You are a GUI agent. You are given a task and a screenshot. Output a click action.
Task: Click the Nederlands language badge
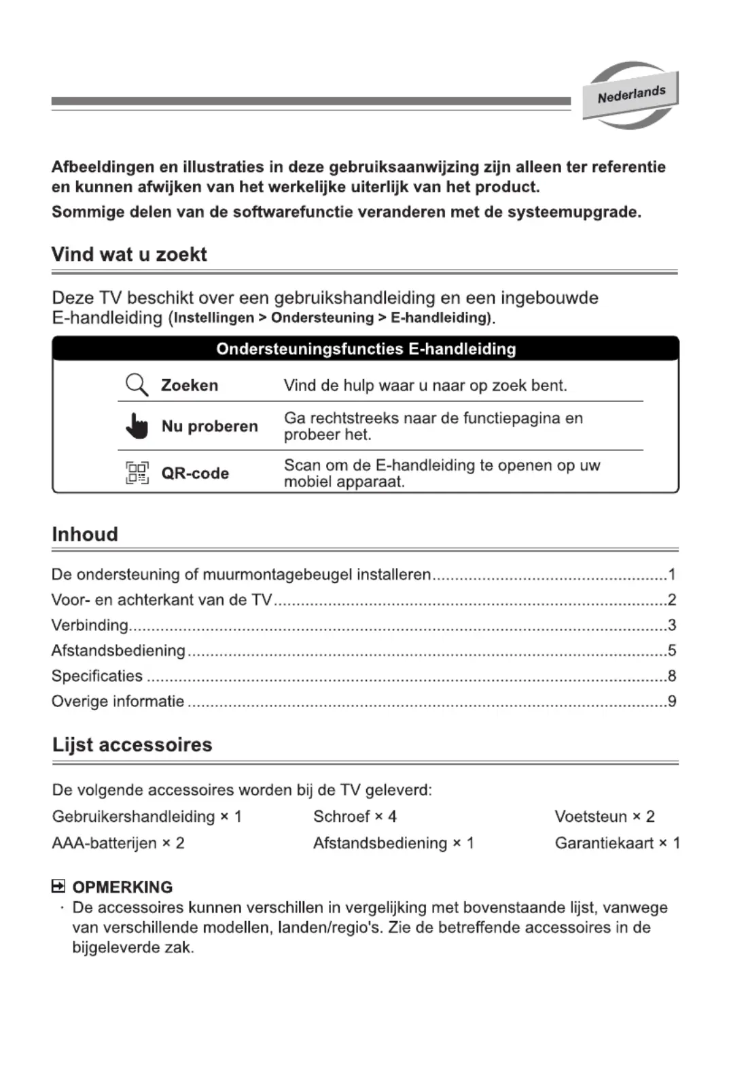(x=630, y=95)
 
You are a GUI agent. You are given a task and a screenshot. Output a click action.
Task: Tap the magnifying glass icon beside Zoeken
(x=137, y=385)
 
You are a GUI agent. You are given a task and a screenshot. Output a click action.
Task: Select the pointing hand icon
(x=137, y=426)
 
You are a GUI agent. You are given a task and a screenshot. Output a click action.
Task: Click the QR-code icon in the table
(x=137, y=473)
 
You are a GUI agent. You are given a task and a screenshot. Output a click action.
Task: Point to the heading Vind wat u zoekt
(x=129, y=255)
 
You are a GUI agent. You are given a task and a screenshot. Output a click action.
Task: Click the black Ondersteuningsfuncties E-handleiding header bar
(x=366, y=349)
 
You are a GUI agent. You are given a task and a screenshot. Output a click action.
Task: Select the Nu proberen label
(x=209, y=427)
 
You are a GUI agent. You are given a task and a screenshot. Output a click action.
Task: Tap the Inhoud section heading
(x=85, y=535)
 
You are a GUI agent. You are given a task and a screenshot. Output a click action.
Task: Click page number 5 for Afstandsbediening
(x=671, y=651)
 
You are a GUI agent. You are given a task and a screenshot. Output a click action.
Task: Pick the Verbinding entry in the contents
(x=90, y=625)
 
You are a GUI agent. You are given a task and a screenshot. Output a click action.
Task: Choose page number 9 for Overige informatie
(x=671, y=701)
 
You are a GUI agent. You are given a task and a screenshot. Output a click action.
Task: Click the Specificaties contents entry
(x=97, y=676)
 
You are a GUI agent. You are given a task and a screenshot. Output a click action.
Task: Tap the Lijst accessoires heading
(x=132, y=745)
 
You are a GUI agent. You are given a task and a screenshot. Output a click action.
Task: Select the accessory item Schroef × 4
(x=355, y=816)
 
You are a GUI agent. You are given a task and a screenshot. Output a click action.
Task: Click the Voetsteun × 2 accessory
(x=604, y=816)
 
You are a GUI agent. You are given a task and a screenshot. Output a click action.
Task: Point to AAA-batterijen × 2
(x=118, y=843)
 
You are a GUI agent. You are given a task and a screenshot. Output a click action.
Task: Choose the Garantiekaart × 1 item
(x=617, y=843)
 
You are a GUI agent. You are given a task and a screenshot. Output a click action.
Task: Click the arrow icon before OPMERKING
(x=58, y=886)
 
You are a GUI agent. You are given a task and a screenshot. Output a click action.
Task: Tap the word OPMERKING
(x=122, y=887)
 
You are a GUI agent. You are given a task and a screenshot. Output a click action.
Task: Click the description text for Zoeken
(x=425, y=386)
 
